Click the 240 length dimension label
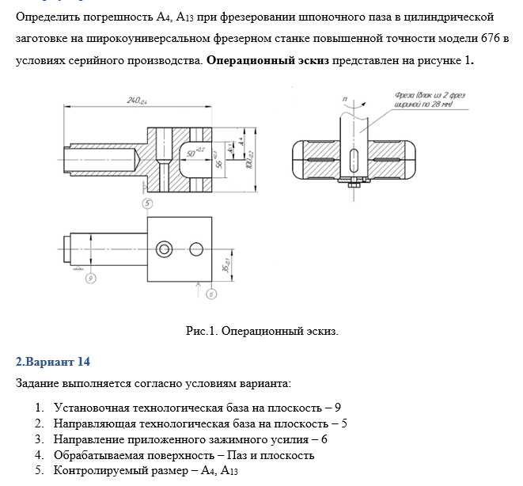(x=139, y=101)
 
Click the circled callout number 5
(x=147, y=203)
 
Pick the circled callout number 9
(x=90, y=277)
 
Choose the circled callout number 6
(x=210, y=294)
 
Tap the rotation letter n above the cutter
(x=345, y=100)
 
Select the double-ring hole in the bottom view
(x=165, y=248)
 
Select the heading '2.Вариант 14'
(x=53, y=362)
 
